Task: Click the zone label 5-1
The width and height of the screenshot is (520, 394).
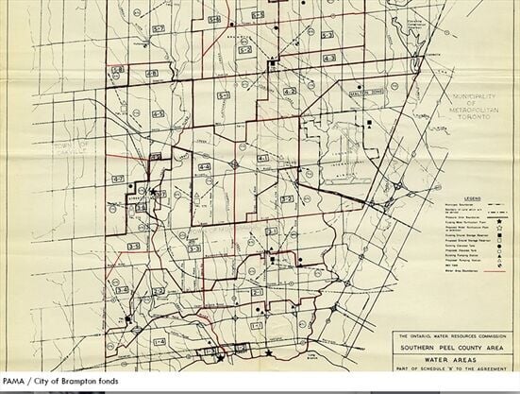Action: tap(224, 95)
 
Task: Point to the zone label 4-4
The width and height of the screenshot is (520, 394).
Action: tap(204, 166)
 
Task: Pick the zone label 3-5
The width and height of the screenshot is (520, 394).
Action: tap(134, 246)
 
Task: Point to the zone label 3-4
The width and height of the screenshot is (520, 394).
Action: tap(121, 289)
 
